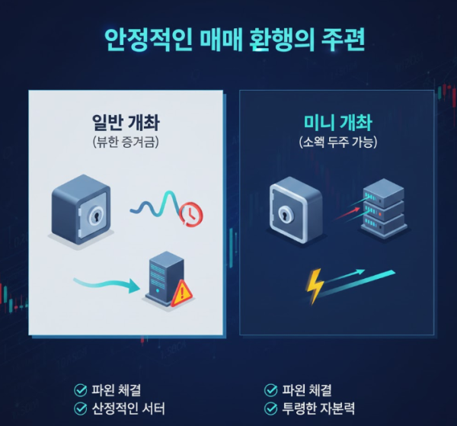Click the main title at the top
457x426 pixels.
[x=235, y=40]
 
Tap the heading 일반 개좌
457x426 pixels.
[x=126, y=123]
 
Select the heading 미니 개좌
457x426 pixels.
[x=337, y=123]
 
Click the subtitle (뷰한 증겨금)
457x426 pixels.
[x=126, y=143]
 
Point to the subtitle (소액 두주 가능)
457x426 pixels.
[x=337, y=143]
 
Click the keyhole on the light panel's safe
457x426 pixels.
[x=96, y=216]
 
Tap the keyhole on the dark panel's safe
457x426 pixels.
[x=284, y=216]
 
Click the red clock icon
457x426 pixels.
[x=191, y=215]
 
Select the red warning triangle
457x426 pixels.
[x=181, y=293]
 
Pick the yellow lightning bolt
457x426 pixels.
[x=314, y=287]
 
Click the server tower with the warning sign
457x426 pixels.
[x=167, y=278]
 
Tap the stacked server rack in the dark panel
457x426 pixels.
[x=383, y=208]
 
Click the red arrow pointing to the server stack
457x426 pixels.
[x=347, y=213]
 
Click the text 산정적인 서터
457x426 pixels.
[x=128, y=408]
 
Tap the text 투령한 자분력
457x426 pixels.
[x=318, y=408]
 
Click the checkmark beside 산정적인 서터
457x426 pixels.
[x=81, y=408]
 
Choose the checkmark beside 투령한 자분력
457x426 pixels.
[x=270, y=408]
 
